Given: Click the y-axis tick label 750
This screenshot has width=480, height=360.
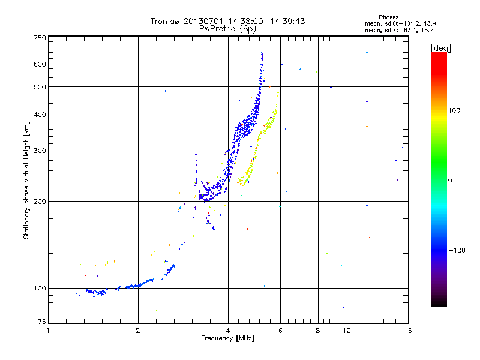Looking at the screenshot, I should click(x=40, y=38).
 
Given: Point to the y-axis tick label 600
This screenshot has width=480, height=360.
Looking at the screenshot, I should click(x=40, y=64).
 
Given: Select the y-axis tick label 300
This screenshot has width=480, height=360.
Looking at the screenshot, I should click(x=40, y=151).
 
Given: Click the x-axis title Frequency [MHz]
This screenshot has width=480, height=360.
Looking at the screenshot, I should click(x=227, y=338).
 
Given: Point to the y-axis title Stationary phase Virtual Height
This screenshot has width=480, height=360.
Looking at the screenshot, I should click(x=26, y=180).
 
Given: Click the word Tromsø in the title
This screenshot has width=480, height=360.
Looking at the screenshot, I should click(x=165, y=21).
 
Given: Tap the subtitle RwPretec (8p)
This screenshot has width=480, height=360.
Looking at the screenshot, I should click(x=227, y=28).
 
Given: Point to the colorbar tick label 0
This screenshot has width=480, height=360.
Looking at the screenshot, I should click(x=451, y=180).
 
